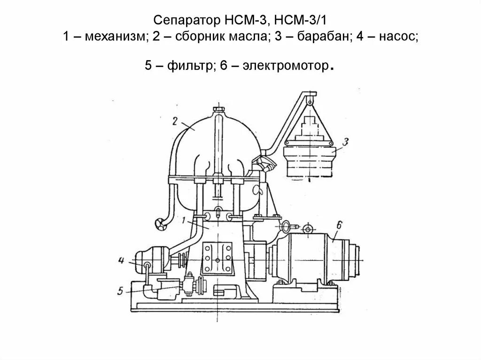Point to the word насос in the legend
395,38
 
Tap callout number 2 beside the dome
174,121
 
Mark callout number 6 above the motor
340,224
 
